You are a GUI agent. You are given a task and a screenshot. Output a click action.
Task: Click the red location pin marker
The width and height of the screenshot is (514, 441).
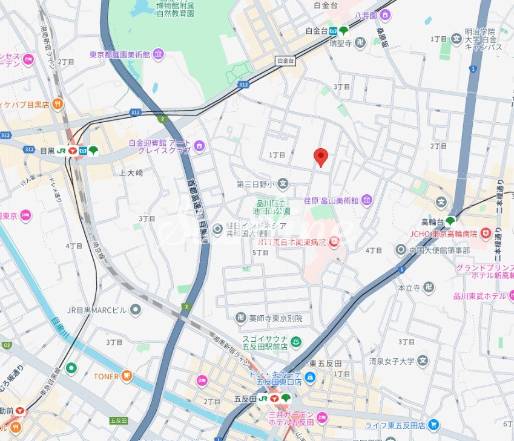point(321,157)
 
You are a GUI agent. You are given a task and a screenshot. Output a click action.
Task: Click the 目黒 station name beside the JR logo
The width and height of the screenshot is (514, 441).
point(47,151)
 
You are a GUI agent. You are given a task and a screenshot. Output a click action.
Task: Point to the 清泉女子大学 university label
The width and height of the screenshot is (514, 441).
point(392,361)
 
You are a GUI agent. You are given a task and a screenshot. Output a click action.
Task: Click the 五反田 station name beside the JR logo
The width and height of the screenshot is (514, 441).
point(245,399)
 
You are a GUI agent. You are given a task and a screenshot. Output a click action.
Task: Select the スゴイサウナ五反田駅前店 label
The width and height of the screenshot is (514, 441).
point(264,343)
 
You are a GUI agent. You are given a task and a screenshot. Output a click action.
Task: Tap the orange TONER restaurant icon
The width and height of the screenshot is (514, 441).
point(127,376)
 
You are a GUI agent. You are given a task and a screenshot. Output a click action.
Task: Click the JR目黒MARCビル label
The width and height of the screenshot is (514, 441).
point(97,310)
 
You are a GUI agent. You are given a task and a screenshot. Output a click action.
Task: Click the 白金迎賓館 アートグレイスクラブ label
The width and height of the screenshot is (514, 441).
point(159,147)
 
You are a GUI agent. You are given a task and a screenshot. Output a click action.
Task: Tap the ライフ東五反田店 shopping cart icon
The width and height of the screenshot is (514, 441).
point(433,425)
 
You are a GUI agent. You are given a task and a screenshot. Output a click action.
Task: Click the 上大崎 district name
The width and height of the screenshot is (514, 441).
point(131,172)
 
